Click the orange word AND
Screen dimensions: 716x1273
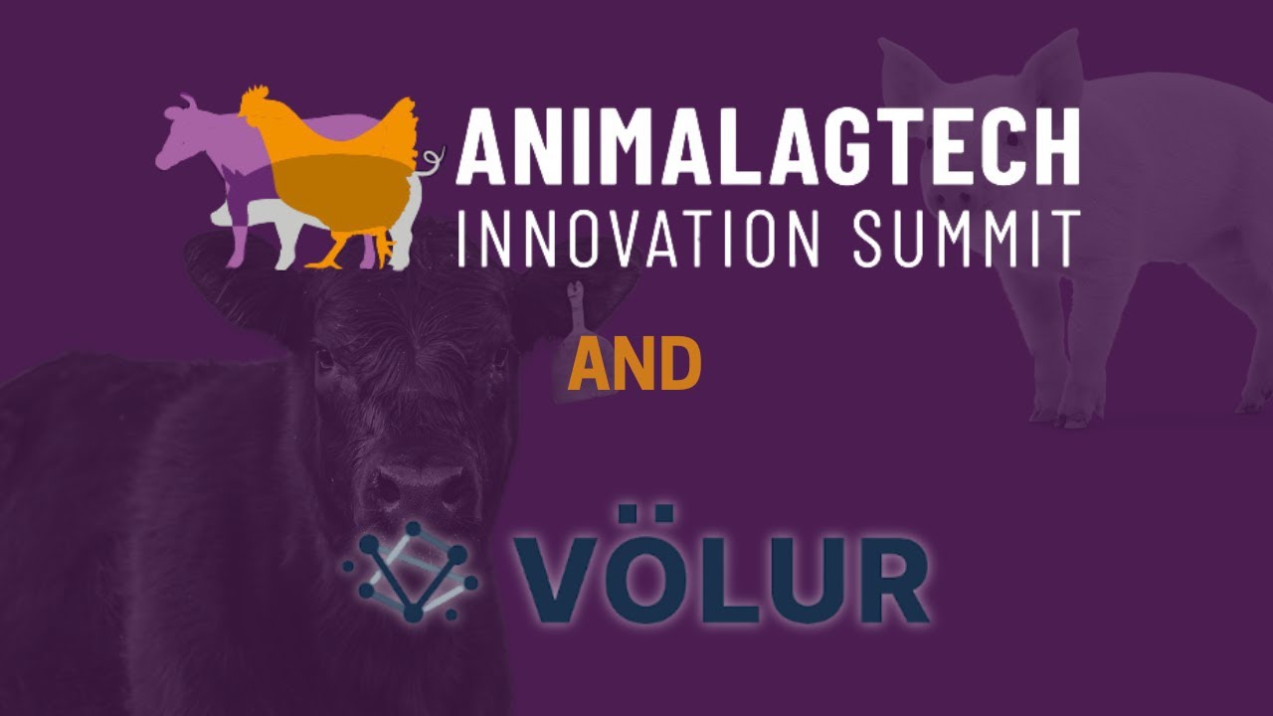pyautogui.click(x=635, y=365)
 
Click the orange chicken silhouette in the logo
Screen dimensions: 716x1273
pyautogui.click(x=338, y=169)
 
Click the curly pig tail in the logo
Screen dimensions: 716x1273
pyautogui.click(x=432, y=159)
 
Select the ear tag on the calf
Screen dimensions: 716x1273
pyautogui.click(x=576, y=303)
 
